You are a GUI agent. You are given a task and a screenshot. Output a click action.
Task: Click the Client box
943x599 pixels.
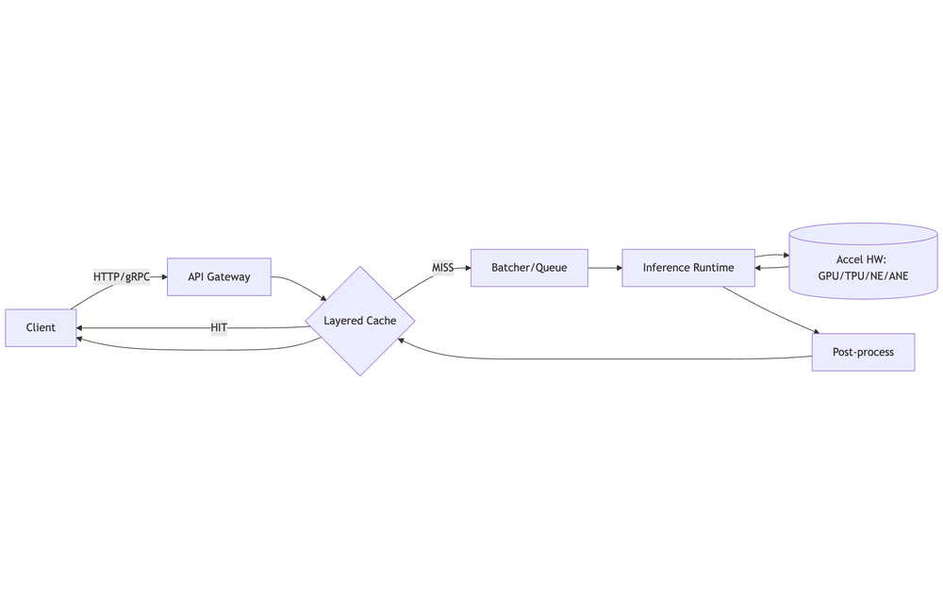41,327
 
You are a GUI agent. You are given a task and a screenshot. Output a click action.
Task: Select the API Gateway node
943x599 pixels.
219,276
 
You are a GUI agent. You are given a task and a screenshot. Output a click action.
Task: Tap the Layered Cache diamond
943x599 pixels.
360,321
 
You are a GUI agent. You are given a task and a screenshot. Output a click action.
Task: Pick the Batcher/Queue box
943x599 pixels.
529,268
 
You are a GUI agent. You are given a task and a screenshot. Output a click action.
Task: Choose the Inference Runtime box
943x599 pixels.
688,268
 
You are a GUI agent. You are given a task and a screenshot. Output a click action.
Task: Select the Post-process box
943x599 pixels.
863,352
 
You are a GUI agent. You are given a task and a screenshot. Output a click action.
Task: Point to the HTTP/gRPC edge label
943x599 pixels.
122,276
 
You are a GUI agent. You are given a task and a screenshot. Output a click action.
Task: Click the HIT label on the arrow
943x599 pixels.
219,327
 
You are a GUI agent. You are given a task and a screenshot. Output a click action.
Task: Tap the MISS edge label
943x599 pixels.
443,268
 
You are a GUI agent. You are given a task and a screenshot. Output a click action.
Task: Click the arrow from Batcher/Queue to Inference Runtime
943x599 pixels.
604,268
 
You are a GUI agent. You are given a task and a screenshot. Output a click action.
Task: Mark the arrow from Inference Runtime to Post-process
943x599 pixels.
769,309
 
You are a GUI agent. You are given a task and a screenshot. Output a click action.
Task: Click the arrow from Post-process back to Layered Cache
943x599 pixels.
604,358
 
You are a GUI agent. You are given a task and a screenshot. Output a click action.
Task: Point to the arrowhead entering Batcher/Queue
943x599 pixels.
466,268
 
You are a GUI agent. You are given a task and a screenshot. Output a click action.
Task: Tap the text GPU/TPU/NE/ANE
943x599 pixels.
863,275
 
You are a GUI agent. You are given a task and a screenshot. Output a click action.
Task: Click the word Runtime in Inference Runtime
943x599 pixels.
714,268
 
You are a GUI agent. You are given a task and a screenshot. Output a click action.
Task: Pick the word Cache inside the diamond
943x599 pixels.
381,321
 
